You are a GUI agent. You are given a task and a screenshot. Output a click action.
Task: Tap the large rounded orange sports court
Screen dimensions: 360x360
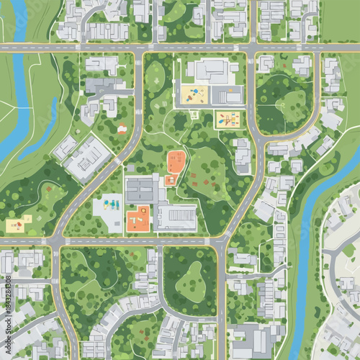[176, 161]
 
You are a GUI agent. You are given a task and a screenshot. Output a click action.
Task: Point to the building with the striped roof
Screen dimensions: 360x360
[177, 217]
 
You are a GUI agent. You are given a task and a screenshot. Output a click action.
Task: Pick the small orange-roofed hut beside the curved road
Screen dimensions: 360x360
[122, 128]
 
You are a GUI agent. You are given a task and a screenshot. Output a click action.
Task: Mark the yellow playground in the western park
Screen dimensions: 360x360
[16, 225]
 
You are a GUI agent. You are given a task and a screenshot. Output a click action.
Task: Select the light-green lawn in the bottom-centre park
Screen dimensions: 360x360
[189, 276]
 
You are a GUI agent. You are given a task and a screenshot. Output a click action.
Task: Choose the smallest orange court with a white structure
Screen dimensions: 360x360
[171, 180]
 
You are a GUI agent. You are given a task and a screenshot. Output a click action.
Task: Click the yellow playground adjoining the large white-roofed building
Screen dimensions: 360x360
[195, 94]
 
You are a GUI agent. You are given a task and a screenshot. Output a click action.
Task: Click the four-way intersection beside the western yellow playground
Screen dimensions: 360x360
[57, 241]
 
